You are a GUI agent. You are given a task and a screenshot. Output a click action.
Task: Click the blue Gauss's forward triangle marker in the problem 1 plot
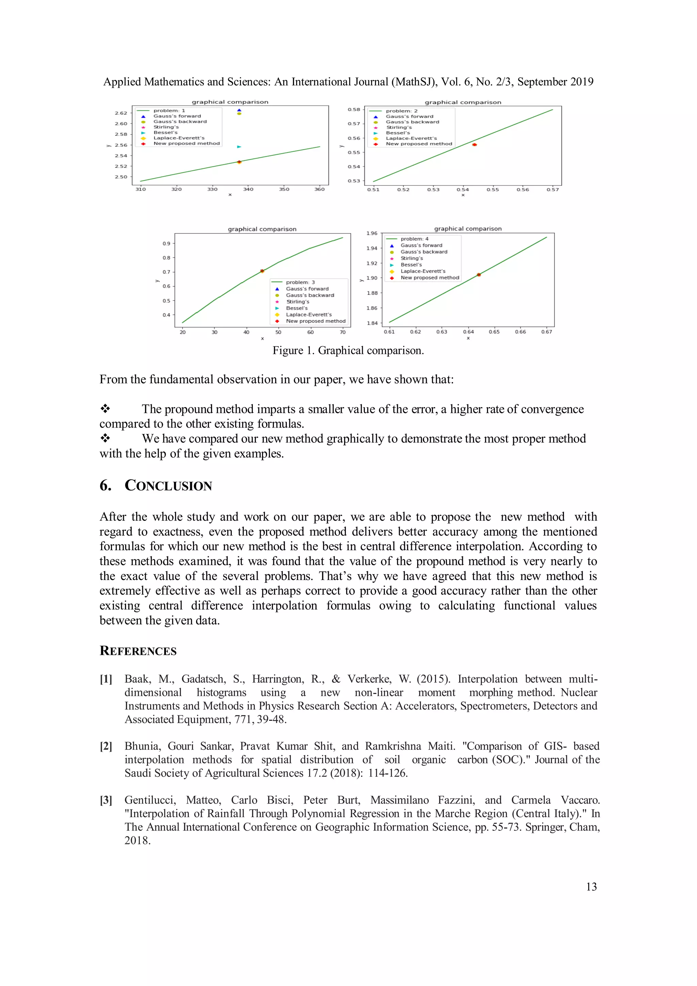pyautogui.click(x=239, y=110)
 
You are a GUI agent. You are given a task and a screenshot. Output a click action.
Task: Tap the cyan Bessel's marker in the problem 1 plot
pyautogui.click(x=239, y=147)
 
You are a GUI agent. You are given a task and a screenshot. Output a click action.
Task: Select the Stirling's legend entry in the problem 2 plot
pyautogui.click(x=399, y=128)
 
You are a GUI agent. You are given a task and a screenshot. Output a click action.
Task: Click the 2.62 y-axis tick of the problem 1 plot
pyautogui.click(x=121, y=113)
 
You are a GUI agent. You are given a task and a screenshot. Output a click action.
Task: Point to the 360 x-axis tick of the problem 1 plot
pyautogui.click(x=320, y=189)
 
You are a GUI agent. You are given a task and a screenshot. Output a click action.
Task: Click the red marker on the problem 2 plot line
pyautogui.click(x=474, y=145)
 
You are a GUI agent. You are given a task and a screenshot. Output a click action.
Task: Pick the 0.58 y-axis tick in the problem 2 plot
pyautogui.click(x=354, y=110)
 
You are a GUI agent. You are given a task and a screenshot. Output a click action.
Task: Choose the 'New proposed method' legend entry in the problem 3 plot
pyautogui.click(x=315, y=321)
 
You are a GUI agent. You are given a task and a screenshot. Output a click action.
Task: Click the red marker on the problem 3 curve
pyautogui.click(x=262, y=271)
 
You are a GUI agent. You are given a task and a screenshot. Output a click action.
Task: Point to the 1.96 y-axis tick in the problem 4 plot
pyautogui.click(x=372, y=233)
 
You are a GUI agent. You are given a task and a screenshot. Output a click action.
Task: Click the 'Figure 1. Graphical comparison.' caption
pyautogui.click(x=348, y=351)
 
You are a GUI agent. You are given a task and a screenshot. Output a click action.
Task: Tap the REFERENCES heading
pyautogui.click(x=138, y=651)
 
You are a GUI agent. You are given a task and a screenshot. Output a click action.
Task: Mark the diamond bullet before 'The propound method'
pyautogui.click(x=105, y=408)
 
